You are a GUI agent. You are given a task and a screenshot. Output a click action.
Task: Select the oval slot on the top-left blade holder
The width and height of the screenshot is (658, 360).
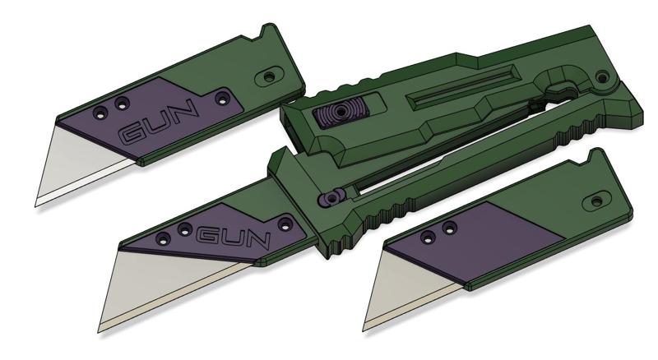[268, 76]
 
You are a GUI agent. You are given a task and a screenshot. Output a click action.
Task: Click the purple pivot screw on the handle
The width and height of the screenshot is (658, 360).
[331, 199]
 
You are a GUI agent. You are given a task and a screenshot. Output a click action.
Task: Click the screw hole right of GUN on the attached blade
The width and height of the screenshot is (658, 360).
[286, 222]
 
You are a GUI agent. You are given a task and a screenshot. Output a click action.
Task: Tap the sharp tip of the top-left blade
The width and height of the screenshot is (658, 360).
[36, 203]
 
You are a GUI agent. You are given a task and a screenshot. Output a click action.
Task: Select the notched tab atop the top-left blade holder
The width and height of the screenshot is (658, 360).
[267, 34]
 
